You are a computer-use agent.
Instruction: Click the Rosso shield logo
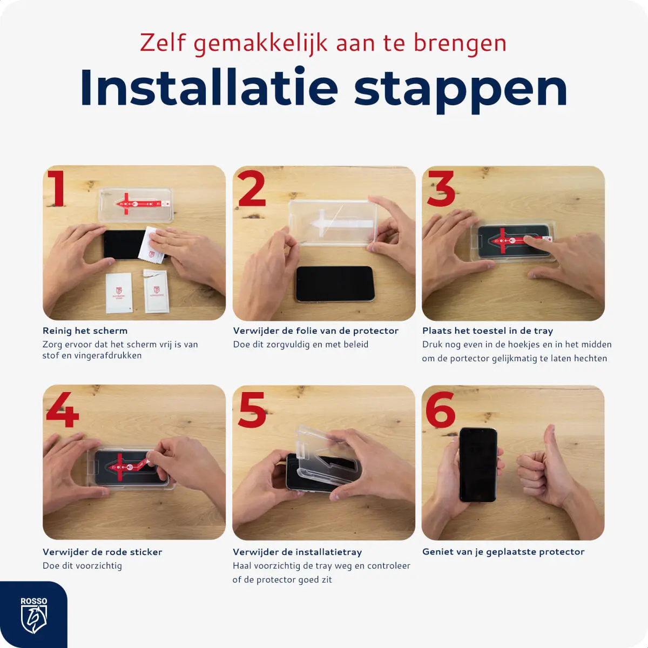[x=33, y=616]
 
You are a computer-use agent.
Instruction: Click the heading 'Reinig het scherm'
[x=85, y=330]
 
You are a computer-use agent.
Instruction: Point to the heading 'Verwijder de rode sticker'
[x=103, y=552]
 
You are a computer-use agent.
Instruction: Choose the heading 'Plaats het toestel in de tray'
[x=488, y=330]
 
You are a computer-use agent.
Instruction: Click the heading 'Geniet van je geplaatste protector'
[x=503, y=552]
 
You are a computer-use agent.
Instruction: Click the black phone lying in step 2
[x=335, y=283]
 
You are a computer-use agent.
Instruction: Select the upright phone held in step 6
[x=478, y=464]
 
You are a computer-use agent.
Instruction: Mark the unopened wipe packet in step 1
[x=119, y=292]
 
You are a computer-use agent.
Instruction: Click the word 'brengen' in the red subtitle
[x=460, y=43]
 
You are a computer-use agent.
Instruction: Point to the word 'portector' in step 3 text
[x=469, y=359]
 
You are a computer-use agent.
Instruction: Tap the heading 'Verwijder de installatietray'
[x=298, y=552]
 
